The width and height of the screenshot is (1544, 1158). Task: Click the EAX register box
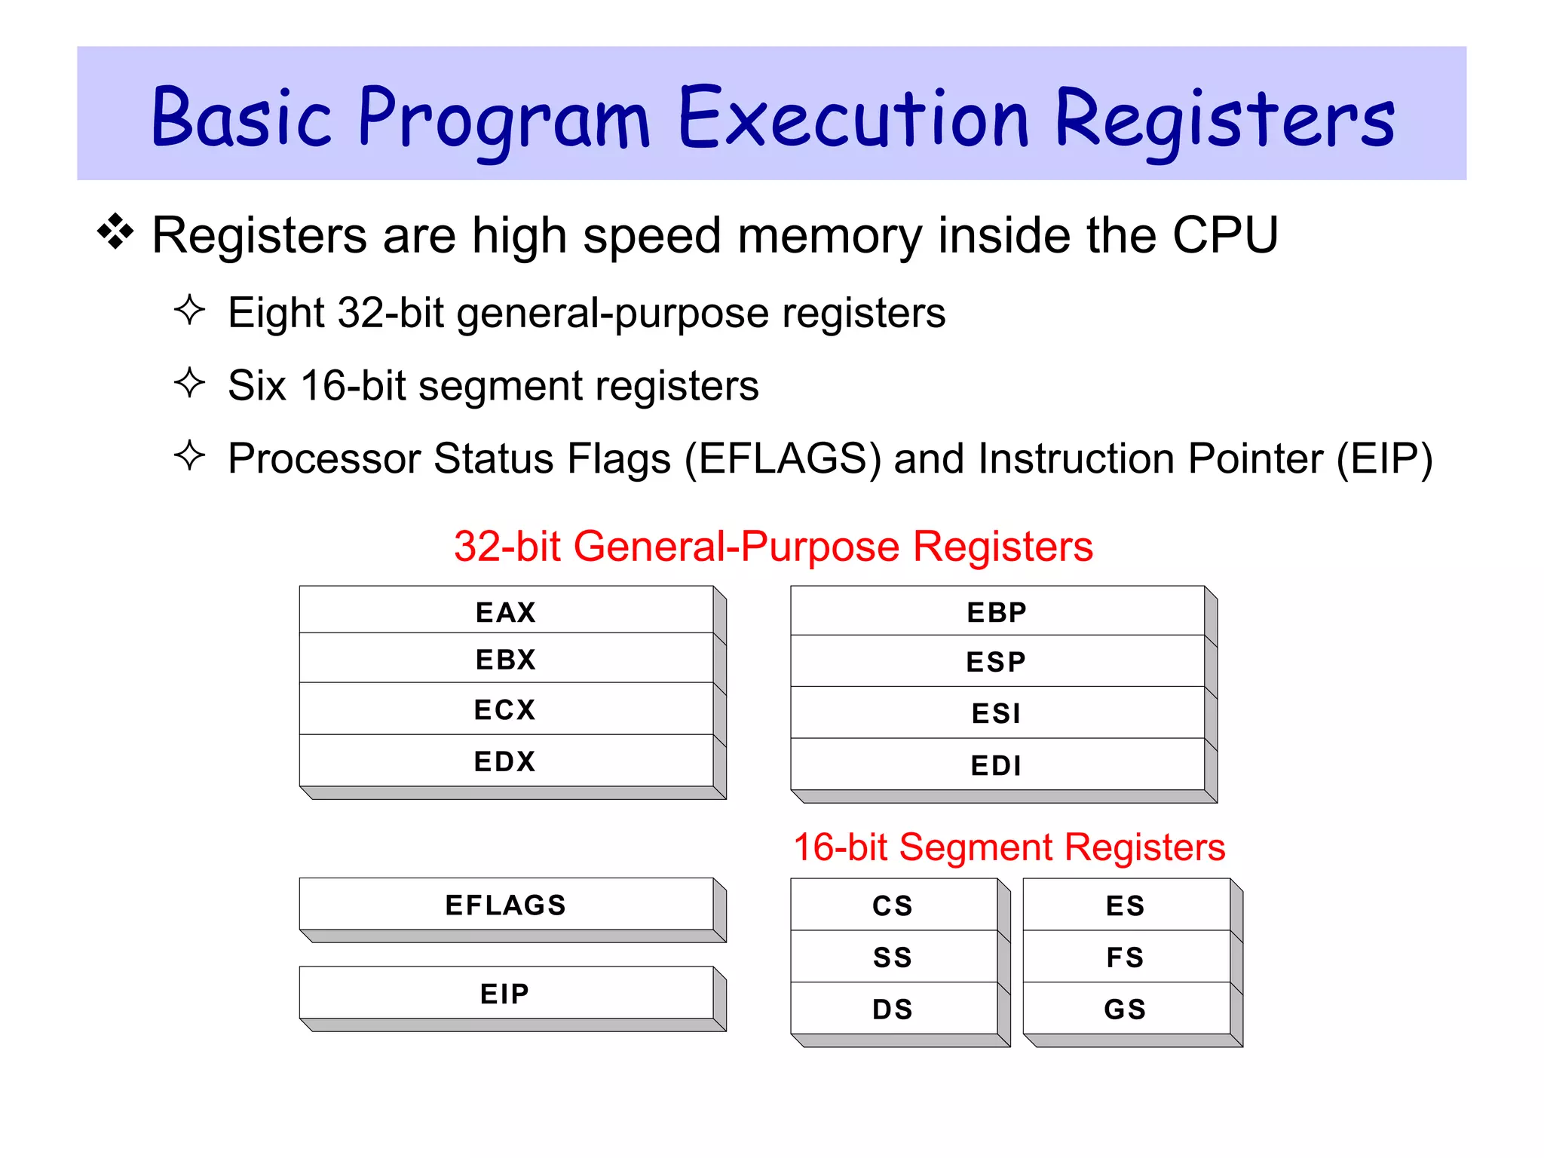(506, 611)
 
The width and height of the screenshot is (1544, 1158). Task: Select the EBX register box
(506, 659)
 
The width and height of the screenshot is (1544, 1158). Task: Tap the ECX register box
(506, 709)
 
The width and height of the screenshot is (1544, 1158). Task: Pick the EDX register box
(506, 761)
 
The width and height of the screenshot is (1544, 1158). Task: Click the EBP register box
(997, 611)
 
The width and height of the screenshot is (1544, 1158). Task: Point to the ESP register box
(997, 661)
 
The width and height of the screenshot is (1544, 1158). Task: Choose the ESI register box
(997, 712)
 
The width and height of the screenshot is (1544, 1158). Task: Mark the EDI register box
(997, 765)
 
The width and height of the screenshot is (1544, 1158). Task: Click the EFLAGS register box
(506, 905)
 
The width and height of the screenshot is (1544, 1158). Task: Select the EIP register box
(506, 994)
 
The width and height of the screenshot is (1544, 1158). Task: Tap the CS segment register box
(893, 905)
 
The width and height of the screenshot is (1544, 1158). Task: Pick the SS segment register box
(893, 957)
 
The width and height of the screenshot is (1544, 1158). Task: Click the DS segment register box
(893, 1009)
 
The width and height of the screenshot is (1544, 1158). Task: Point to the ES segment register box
(1126, 905)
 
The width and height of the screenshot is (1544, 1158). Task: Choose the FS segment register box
(1126, 957)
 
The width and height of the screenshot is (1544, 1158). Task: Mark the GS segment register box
(1126, 1009)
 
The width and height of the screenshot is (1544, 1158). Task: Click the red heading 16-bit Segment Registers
(1009, 847)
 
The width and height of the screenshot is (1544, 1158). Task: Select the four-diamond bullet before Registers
(115, 231)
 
